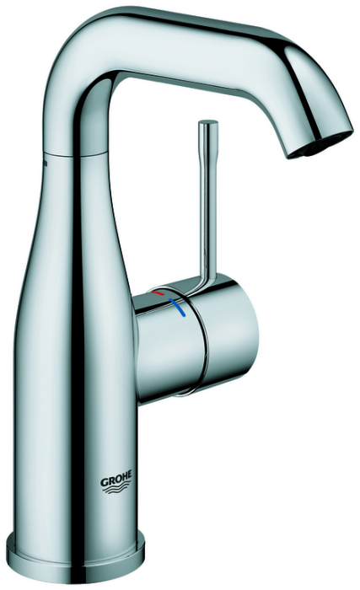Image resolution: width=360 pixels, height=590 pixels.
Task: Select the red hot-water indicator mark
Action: click(x=159, y=292)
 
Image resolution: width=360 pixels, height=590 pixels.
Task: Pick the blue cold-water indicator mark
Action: click(x=178, y=308)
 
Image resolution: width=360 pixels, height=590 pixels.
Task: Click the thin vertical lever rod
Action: click(x=208, y=203)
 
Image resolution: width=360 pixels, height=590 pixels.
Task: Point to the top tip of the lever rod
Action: click(x=208, y=121)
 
